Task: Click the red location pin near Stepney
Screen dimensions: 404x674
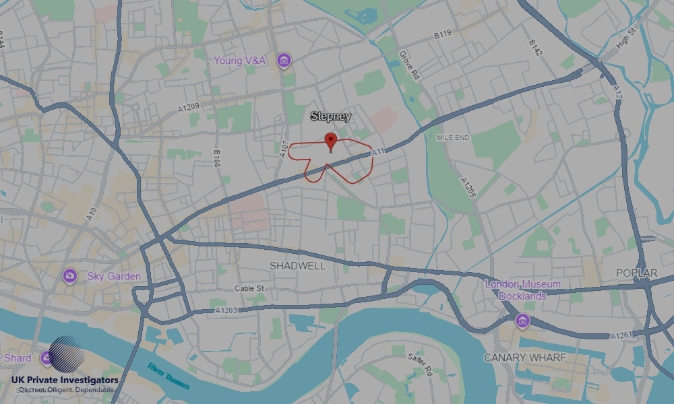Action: (330, 141)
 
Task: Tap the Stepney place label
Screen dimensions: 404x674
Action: (330, 116)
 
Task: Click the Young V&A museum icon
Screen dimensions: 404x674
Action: (284, 61)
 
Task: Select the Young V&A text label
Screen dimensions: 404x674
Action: (240, 61)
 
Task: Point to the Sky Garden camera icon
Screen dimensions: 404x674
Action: (69, 276)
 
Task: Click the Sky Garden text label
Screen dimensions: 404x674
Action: (114, 276)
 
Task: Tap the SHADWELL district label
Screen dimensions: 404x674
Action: (297, 266)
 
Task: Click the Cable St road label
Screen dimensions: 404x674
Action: (249, 289)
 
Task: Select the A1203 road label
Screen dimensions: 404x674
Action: (227, 310)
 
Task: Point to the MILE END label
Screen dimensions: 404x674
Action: (452, 137)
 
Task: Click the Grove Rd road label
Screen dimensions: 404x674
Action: (408, 65)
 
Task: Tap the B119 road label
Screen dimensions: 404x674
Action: (442, 33)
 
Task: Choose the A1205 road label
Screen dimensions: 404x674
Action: (468, 188)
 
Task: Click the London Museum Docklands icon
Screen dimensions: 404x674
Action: (522, 321)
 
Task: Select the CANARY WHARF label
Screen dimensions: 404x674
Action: (525, 358)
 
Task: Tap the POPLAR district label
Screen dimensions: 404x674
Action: (636, 273)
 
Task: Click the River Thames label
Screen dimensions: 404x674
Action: (168, 376)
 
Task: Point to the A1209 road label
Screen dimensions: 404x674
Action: (189, 108)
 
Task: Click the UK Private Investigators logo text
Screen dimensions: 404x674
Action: (65, 380)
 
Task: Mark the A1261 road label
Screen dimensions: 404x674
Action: (621, 335)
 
